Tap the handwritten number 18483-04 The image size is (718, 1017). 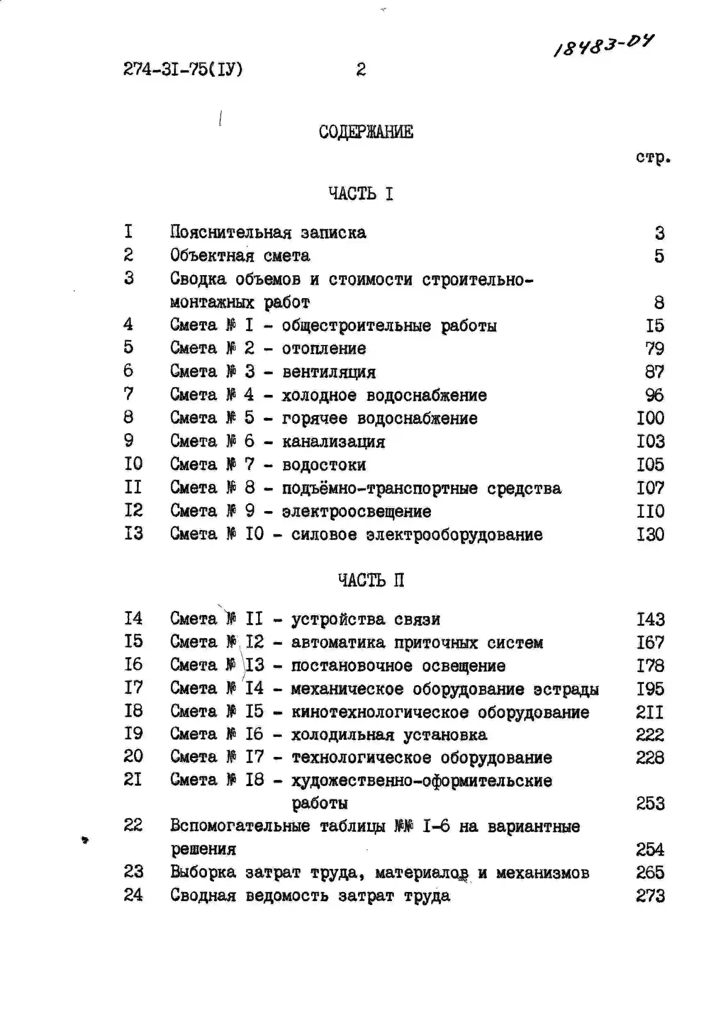point(604,45)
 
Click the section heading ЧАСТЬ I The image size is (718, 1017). point(360,193)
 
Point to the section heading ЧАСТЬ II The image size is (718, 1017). point(370,580)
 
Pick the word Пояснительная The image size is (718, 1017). point(230,232)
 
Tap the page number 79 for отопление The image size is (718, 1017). point(655,349)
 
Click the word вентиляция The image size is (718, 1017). point(329,372)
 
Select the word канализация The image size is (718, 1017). point(333,442)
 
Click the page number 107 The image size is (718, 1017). point(650,488)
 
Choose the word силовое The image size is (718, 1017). point(324,535)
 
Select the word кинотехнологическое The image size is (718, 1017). point(379,712)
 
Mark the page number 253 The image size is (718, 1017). point(650,803)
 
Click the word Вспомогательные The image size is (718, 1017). point(240,826)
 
